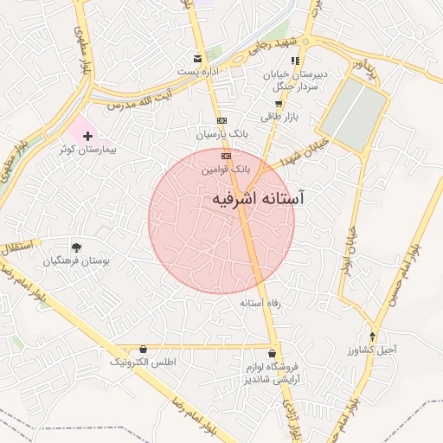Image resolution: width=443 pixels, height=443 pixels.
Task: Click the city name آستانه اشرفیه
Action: (258, 199)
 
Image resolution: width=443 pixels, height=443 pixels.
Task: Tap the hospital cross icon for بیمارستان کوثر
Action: (87, 137)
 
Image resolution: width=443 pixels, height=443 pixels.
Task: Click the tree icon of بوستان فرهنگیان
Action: (78, 247)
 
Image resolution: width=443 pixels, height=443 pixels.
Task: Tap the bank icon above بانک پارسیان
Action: (222, 120)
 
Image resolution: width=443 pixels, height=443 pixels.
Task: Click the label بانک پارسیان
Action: (222, 135)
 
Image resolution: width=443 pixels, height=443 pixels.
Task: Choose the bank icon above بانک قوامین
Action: (226, 156)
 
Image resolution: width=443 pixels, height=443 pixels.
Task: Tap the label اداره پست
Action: (198, 71)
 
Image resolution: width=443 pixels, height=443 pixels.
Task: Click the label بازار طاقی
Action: (279, 116)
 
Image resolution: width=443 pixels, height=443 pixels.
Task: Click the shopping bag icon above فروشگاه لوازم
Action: (273, 353)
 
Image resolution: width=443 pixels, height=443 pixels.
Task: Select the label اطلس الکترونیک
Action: (143, 363)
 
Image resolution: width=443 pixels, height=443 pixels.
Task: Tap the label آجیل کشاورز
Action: (374, 350)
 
